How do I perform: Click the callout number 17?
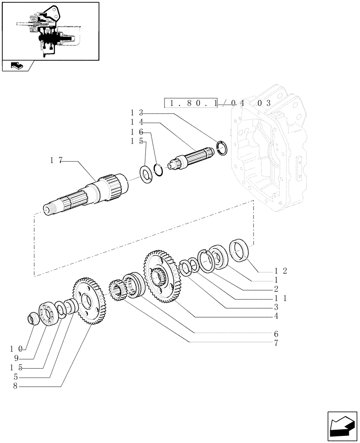click(x=55, y=162)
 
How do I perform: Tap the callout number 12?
click(x=281, y=271)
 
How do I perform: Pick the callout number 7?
click(x=276, y=342)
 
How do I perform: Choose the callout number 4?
click(x=276, y=316)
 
